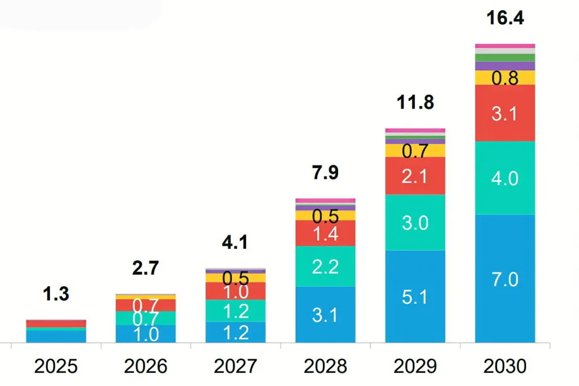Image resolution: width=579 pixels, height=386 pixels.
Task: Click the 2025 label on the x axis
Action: click(x=57, y=365)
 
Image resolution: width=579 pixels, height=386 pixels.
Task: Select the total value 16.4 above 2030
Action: click(x=505, y=18)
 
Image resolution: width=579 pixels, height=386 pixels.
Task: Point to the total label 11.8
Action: click(x=415, y=102)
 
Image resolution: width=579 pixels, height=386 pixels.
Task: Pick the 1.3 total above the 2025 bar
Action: click(x=56, y=294)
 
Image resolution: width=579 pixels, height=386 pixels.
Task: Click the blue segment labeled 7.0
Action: click(x=505, y=279)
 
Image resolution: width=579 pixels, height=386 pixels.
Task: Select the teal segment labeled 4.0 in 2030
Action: click(x=505, y=178)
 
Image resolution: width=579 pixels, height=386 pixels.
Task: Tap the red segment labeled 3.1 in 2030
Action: click(x=505, y=113)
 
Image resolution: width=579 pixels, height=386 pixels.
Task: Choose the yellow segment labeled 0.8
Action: click(x=505, y=78)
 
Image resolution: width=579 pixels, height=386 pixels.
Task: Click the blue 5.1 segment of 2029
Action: click(x=415, y=296)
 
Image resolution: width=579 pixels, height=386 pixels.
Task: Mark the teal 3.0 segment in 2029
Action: click(x=415, y=222)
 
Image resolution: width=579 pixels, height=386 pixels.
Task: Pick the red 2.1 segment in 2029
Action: click(x=415, y=176)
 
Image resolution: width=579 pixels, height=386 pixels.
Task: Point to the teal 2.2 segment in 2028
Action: click(x=325, y=266)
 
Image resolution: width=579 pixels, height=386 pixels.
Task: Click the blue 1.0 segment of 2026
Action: click(x=146, y=334)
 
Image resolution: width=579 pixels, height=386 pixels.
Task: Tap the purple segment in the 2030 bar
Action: click(x=505, y=66)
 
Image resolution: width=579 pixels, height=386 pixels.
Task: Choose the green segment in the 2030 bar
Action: click(x=505, y=57)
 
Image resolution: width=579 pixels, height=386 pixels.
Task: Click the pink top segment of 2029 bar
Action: click(x=415, y=130)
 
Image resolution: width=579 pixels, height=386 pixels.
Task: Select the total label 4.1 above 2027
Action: click(x=235, y=242)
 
